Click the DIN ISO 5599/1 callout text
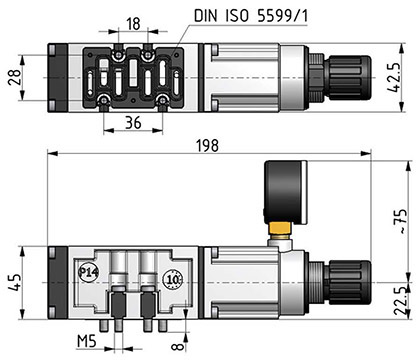coord(251,16)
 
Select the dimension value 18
coord(133,24)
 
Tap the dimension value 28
coord(15,78)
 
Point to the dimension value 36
coord(133,123)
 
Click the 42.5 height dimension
coord(394,77)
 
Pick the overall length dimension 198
coord(207,146)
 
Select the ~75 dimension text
coord(401,221)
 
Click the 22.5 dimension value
coord(401,301)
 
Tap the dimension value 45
coord(15,282)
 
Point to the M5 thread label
coord(87,341)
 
